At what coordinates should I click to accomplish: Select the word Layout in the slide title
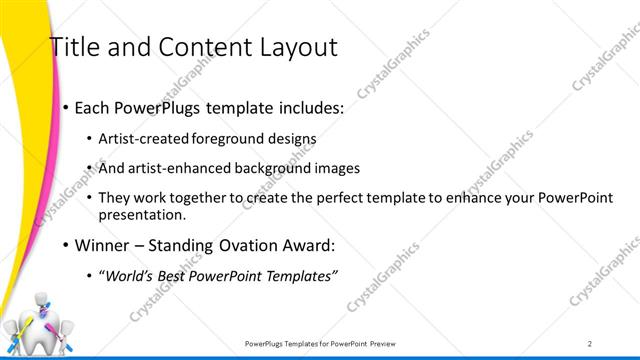[295, 47]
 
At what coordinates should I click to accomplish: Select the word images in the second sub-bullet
[336, 168]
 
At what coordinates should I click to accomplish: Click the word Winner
[100, 244]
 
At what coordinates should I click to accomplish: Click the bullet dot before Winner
[66, 244]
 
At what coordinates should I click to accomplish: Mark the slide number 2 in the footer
[590, 343]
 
